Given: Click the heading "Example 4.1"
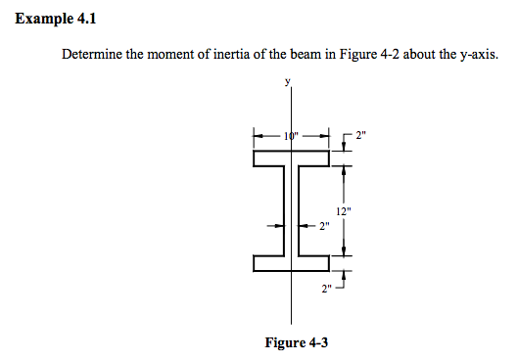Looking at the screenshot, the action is [x=56, y=19].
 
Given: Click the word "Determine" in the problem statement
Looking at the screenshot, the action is [x=94, y=55].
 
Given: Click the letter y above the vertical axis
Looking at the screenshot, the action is [x=288, y=84].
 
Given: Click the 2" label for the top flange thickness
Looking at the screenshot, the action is [x=362, y=134].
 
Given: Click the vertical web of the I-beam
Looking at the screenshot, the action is [x=293, y=210].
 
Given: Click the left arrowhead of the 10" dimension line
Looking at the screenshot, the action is [x=258, y=135].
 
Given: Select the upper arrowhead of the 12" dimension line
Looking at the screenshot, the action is [x=343, y=165].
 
